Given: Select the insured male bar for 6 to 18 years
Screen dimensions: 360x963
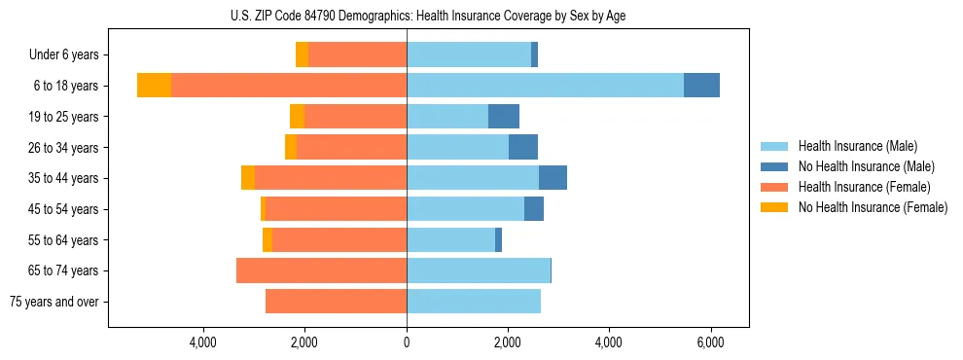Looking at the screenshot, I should coord(545,86).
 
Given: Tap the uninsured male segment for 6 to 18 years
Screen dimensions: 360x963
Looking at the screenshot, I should coord(701,86).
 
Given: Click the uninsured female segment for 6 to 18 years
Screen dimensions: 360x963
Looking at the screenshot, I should coord(154,86).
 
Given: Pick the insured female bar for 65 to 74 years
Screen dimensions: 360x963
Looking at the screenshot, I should coord(321,270).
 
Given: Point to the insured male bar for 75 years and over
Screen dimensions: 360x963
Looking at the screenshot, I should coord(473,302).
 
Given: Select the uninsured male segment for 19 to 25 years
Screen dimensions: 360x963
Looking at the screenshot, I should coord(504,117).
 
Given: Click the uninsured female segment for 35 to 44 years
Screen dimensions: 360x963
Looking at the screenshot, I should coord(248,178).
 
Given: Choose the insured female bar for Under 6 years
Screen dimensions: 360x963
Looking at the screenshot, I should coord(357,55).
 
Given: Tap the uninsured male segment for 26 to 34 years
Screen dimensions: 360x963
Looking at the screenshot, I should coord(523,147).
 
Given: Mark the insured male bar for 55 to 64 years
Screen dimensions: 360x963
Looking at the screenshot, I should coord(450,239).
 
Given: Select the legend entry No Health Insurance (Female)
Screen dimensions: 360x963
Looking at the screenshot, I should coord(873,207).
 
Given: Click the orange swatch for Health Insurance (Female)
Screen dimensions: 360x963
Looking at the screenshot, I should coord(774,187).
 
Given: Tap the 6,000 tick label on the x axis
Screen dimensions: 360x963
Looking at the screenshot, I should coord(710,342).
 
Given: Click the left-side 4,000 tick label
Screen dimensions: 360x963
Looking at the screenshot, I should coord(203,342).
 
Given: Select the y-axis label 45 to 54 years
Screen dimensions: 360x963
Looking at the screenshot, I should coord(66,209).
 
